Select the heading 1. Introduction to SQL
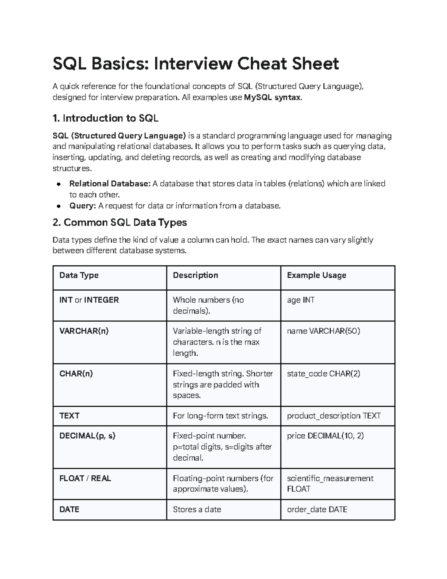[105, 119]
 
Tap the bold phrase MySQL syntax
[273, 98]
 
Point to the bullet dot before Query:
[58, 206]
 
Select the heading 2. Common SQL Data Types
[120, 223]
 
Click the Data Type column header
[79, 276]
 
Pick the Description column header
[195, 276]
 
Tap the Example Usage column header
[316, 276]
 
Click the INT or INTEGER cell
[89, 300]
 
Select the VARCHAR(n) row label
[84, 331]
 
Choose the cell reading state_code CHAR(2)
[323, 374]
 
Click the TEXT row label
[69, 416]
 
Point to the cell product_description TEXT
[333, 416]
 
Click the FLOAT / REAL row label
[85, 478]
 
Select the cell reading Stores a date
[197, 510]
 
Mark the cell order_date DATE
[317, 510]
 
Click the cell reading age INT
[300, 300]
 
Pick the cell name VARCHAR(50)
[323, 331]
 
